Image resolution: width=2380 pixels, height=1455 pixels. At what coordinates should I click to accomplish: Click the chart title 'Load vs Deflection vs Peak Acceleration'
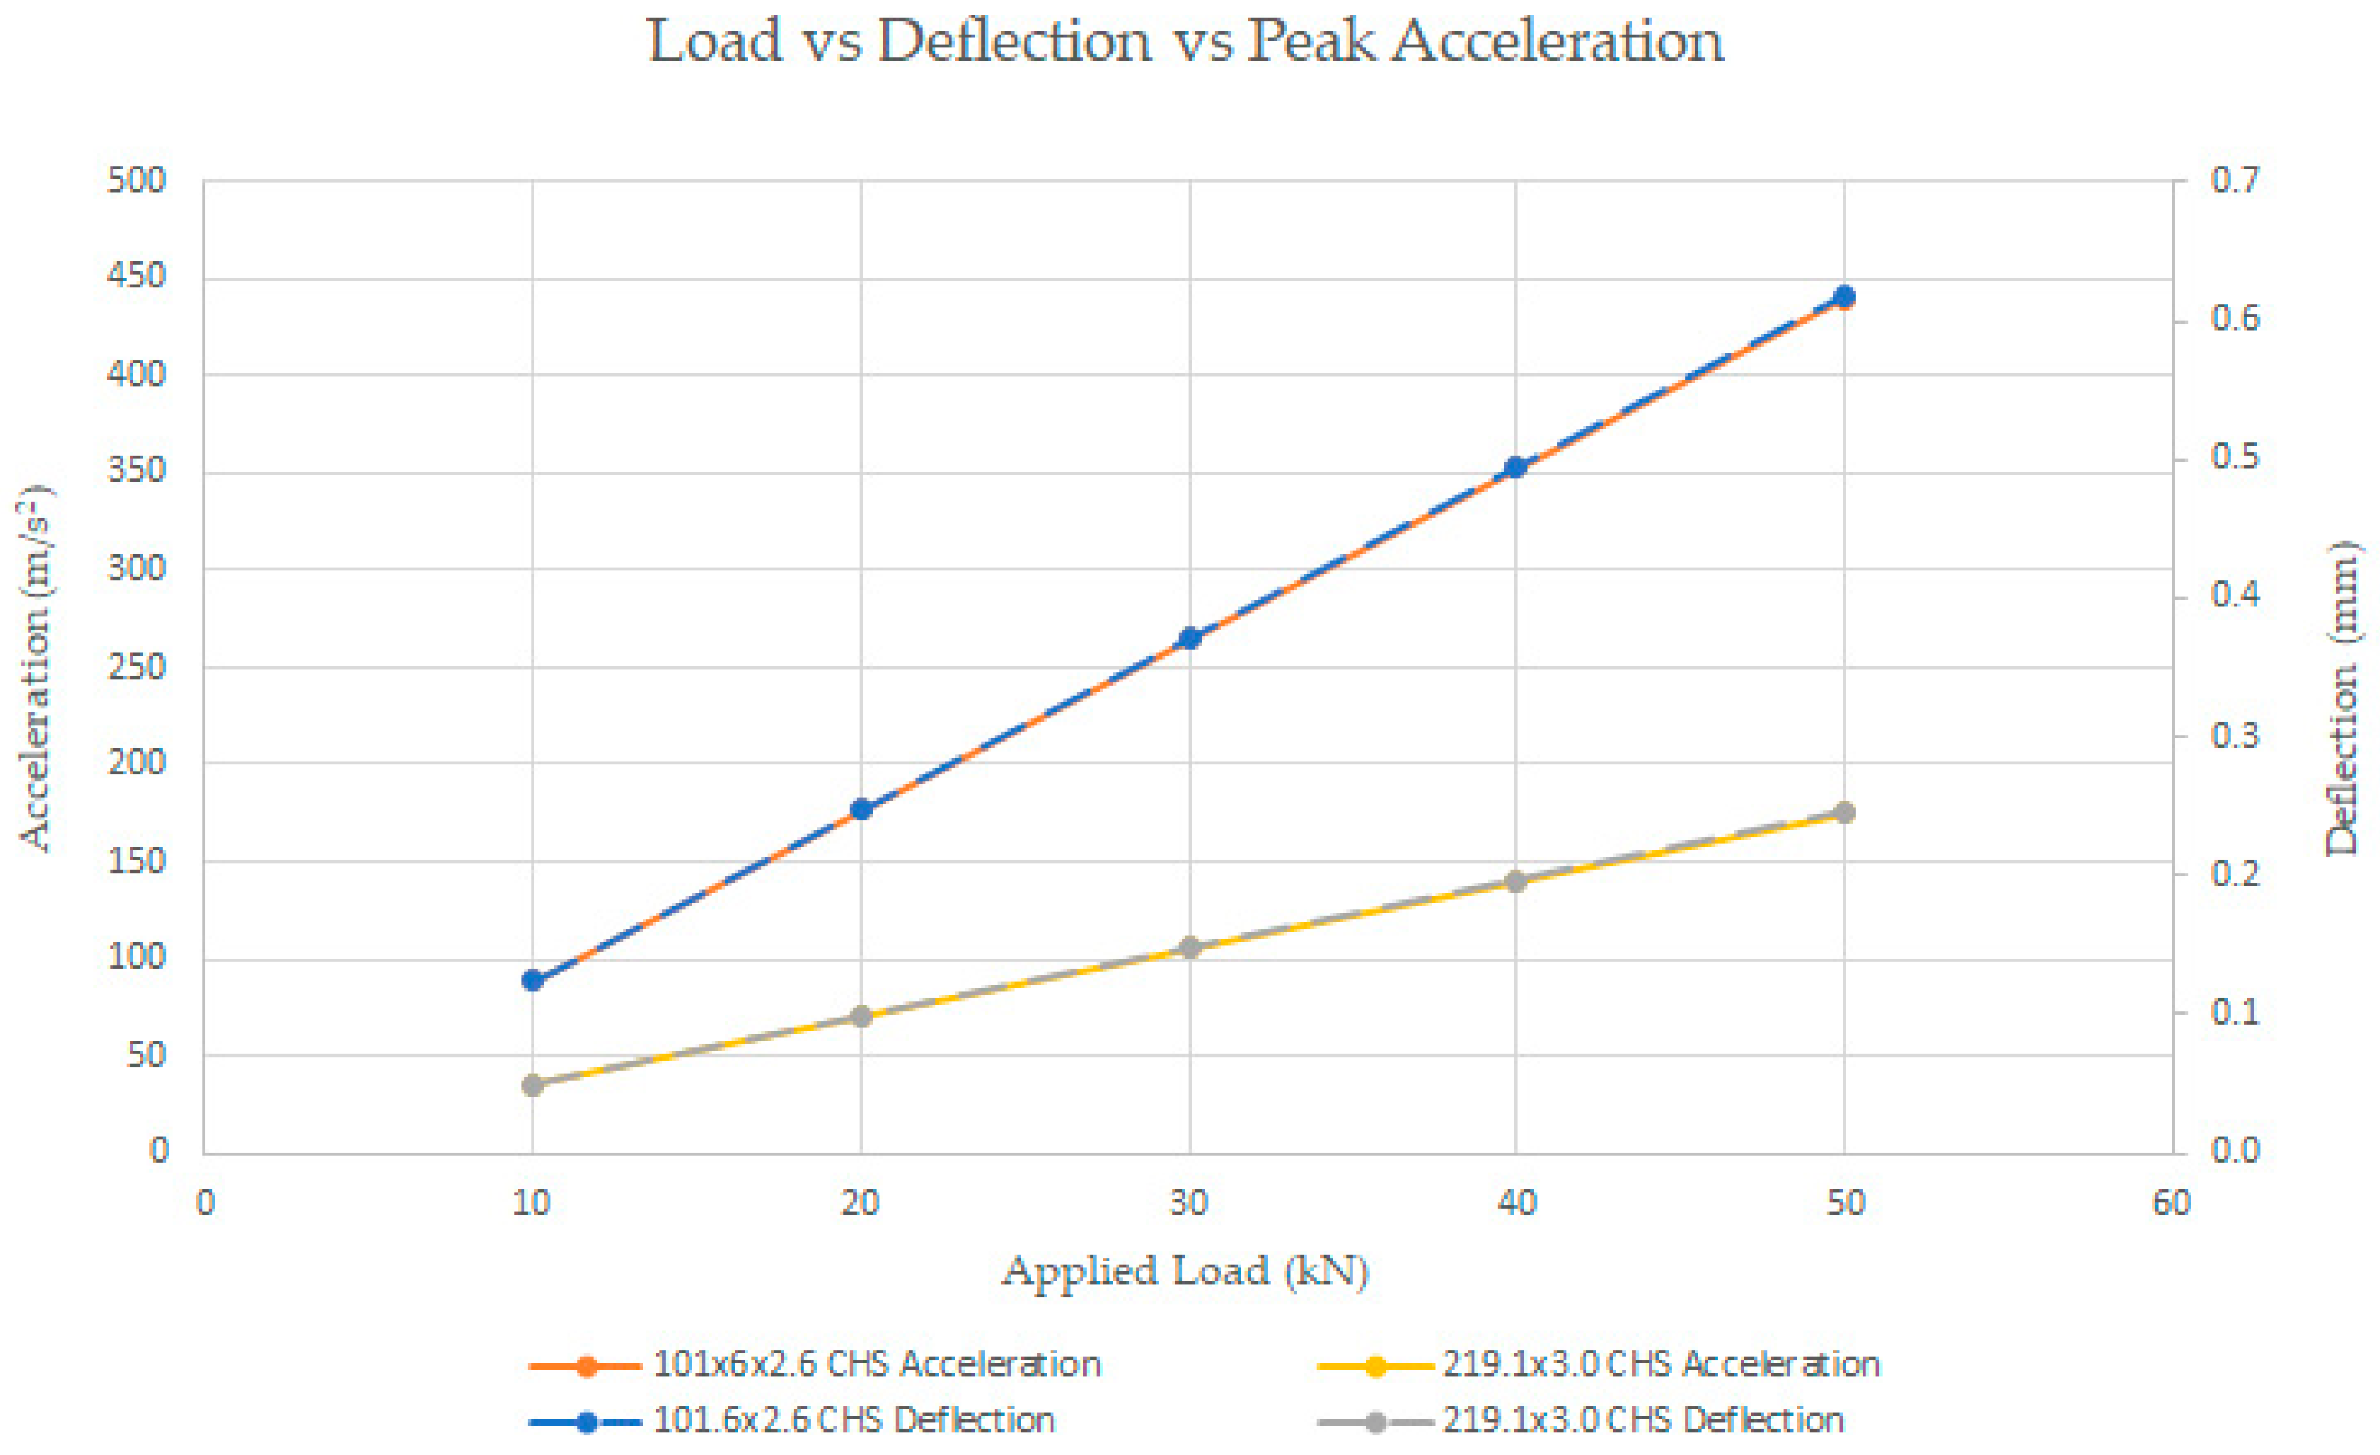(x=1185, y=42)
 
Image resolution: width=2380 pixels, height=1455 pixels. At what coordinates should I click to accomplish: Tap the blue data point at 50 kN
(x=1844, y=297)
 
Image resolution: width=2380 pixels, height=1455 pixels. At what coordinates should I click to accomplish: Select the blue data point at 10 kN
(x=532, y=981)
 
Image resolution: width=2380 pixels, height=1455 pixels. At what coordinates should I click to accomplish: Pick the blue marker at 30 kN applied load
(x=1190, y=638)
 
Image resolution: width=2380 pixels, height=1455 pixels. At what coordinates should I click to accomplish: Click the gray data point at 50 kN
(x=1844, y=812)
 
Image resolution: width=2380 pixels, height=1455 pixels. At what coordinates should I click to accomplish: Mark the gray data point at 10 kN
(x=532, y=1085)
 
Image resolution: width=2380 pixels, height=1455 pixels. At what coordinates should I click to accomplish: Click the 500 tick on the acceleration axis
(x=137, y=180)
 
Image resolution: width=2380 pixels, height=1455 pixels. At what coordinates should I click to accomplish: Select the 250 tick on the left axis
(x=137, y=667)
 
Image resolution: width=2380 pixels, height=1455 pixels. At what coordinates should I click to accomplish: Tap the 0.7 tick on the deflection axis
(x=2235, y=180)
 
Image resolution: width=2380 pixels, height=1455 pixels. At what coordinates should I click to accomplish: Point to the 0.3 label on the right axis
(x=2235, y=736)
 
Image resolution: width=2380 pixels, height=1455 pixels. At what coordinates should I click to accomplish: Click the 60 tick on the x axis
(x=2171, y=1203)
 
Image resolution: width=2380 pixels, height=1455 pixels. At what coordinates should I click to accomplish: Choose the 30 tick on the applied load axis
(x=1189, y=1203)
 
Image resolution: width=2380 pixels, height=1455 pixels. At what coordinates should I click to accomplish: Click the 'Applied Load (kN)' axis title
(x=1185, y=1272)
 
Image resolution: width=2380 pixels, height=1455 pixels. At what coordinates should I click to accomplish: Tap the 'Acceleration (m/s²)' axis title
(x=37, y=667)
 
